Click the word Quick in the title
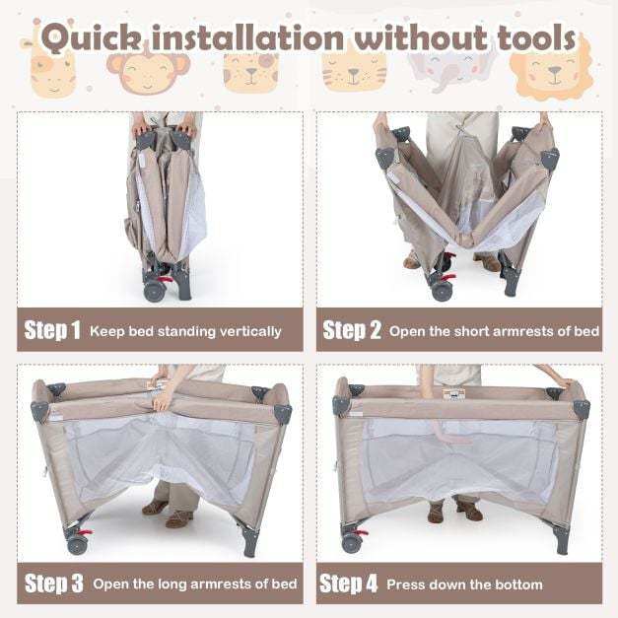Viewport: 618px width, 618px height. click(91, 38)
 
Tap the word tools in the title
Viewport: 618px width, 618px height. click(536, 37)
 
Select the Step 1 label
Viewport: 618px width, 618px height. click(52, 330)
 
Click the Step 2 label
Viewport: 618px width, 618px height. click(352, 330)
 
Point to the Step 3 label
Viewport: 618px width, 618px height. click(54, 584)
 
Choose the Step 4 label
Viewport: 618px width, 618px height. click(348, 584)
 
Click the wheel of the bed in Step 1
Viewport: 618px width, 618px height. click(153, 292)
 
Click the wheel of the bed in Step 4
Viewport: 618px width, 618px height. click(351, 543)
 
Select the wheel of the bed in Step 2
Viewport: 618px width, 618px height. click(441, 292)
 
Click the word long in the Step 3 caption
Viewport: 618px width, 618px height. click(173, 584)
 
